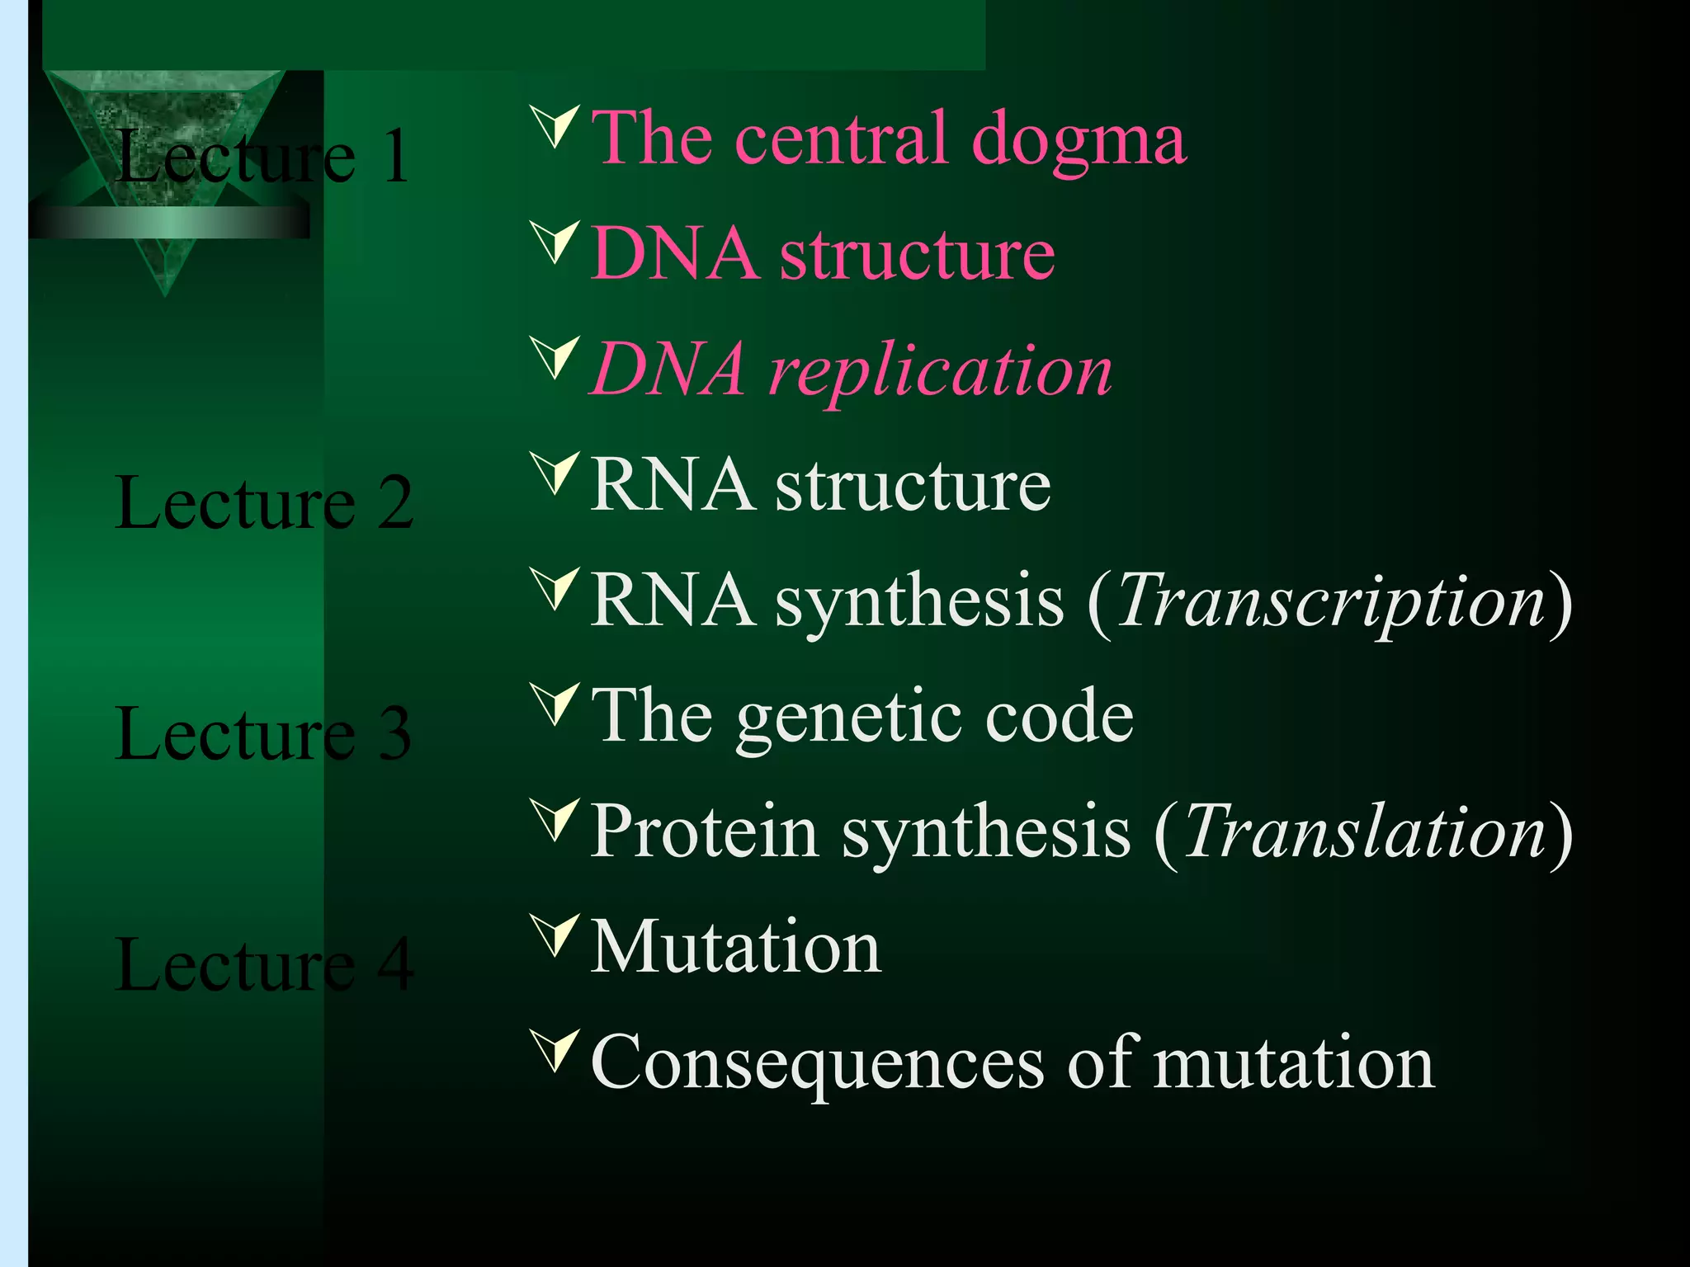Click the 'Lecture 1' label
(x=262, y=157)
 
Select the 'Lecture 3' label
(x=262, y=734)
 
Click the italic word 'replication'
(x=941, y=371)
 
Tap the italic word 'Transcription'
(x=1330, y=602)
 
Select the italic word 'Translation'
(x=1364, y=833)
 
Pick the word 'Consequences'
(x=817, y=1064)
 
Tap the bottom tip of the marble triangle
(x=165, y=294)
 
